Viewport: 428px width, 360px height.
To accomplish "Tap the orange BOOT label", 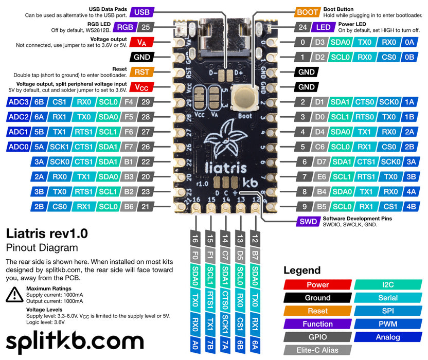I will click(308, 12).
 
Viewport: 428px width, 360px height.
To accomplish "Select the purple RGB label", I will click(125, 27).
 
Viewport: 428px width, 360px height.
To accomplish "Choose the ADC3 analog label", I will click(19, 102).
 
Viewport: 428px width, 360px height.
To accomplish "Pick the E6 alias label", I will click(322, 177).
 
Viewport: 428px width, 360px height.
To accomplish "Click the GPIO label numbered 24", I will click(303, 27).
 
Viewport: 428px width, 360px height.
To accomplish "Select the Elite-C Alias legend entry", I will click(317, 350).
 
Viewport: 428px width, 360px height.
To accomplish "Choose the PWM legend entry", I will click(388, 324).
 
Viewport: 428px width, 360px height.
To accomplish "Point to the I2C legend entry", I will click(388, 284).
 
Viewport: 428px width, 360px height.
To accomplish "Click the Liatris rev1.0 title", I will click(47, 233).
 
